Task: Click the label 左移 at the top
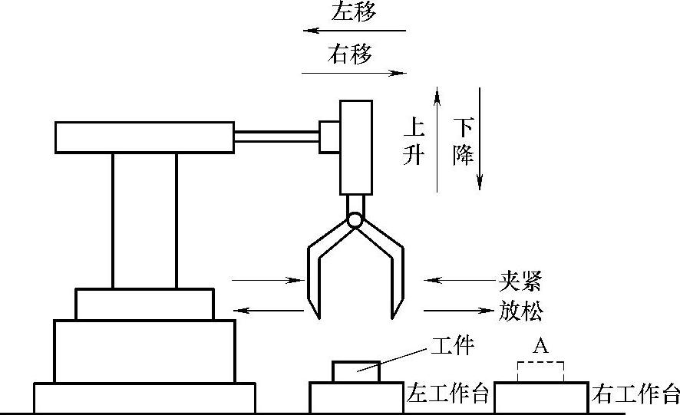353,12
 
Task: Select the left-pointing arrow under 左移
353,31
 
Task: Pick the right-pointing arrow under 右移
353,73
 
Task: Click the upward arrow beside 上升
437,138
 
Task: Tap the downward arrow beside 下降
480,138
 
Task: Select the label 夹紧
519,281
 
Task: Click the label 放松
519,311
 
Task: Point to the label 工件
452,347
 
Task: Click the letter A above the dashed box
540,347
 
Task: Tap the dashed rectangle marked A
541,373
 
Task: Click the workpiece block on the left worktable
355,372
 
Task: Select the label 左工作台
447,395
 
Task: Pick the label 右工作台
635,395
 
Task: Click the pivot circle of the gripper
354,219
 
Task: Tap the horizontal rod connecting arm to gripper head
276,137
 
